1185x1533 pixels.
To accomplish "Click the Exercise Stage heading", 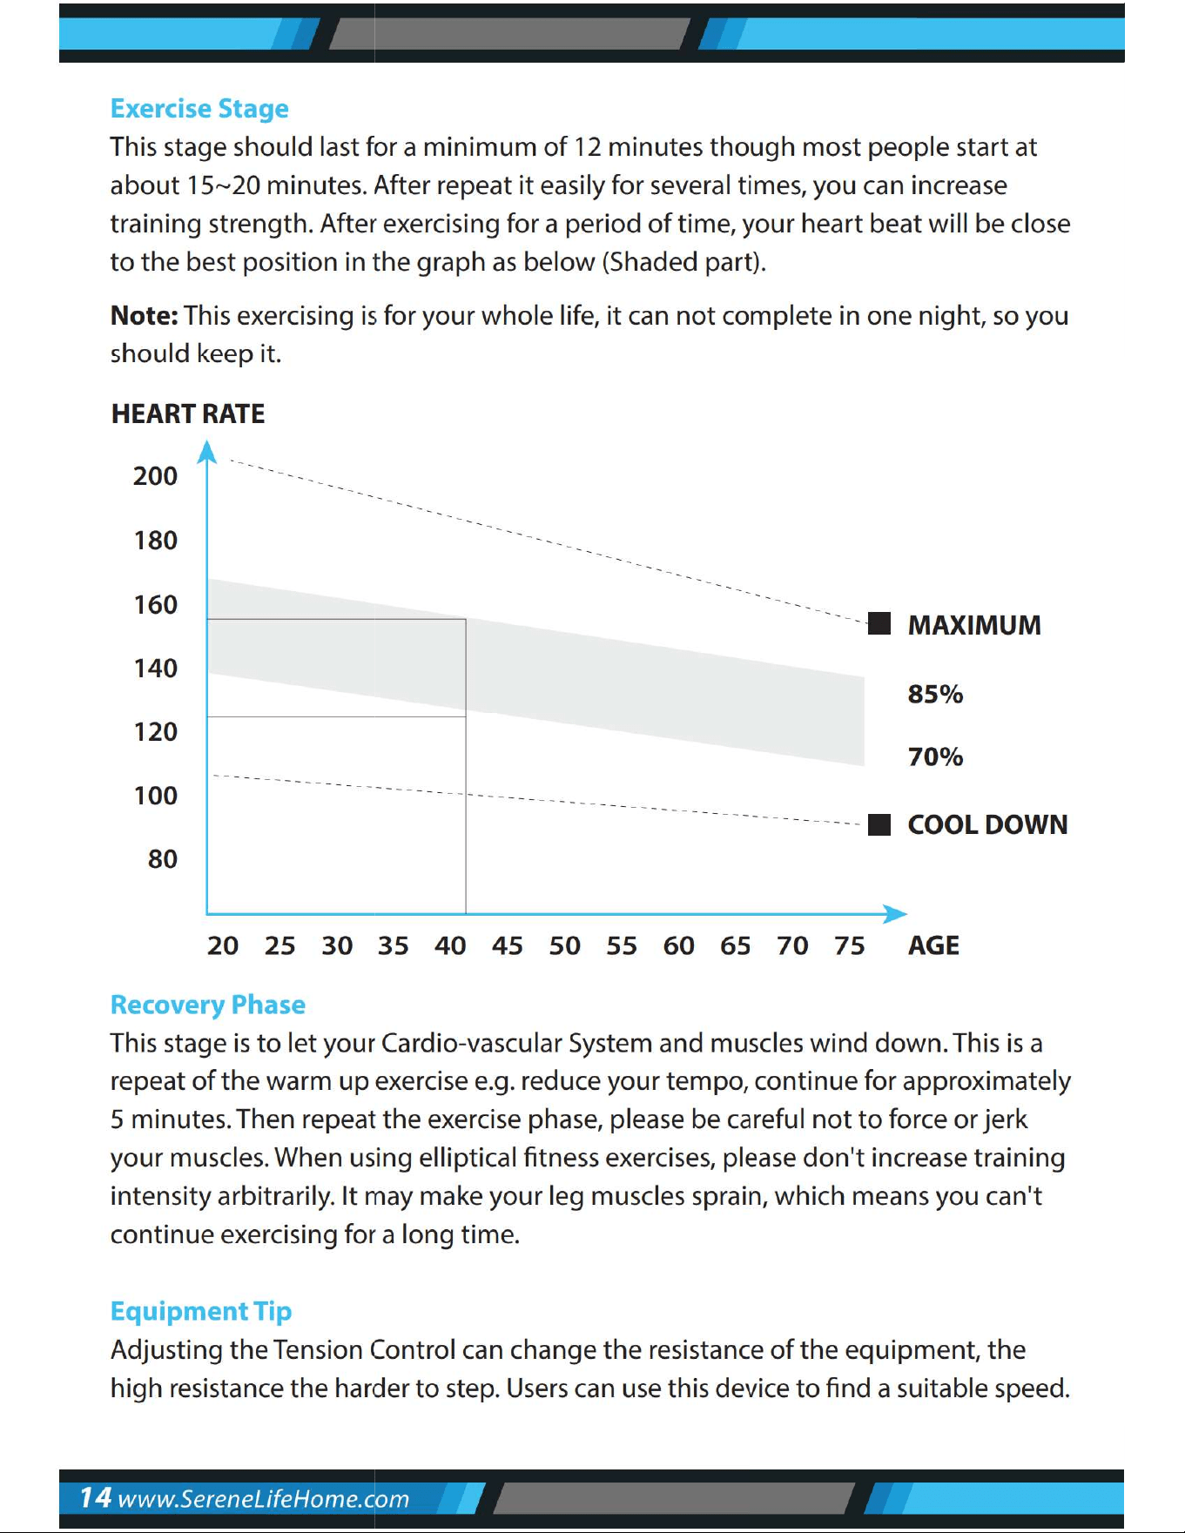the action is [199, 109].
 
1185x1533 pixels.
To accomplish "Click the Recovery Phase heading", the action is [208, 1005].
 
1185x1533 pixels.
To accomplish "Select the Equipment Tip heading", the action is [201, 1311].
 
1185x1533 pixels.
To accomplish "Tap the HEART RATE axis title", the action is [188, 414].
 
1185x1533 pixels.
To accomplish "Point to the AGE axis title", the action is [933, 945].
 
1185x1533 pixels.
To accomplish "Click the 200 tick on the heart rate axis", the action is [155, 476].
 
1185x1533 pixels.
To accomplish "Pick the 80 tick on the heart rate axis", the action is [163, 859].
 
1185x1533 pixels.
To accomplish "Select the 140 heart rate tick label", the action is [155, 668].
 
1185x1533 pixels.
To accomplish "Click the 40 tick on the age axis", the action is [450, 945].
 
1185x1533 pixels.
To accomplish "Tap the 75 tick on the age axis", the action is [849, 945].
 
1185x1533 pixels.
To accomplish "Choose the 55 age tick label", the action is [622, 945].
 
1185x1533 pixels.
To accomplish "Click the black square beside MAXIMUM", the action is [879, 623].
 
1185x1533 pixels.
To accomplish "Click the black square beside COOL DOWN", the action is [879, 824].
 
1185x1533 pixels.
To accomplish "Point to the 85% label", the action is [935, 694].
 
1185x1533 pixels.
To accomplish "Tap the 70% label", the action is [935, 756].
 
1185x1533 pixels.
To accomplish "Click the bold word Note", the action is [144, 315].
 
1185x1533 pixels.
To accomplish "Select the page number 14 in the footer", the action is [96, 1497].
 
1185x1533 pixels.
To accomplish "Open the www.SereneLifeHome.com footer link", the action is [263, 1499].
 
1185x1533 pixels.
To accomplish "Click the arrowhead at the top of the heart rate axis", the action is [206, 451].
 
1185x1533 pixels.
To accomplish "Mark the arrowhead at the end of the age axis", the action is [895, 914].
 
